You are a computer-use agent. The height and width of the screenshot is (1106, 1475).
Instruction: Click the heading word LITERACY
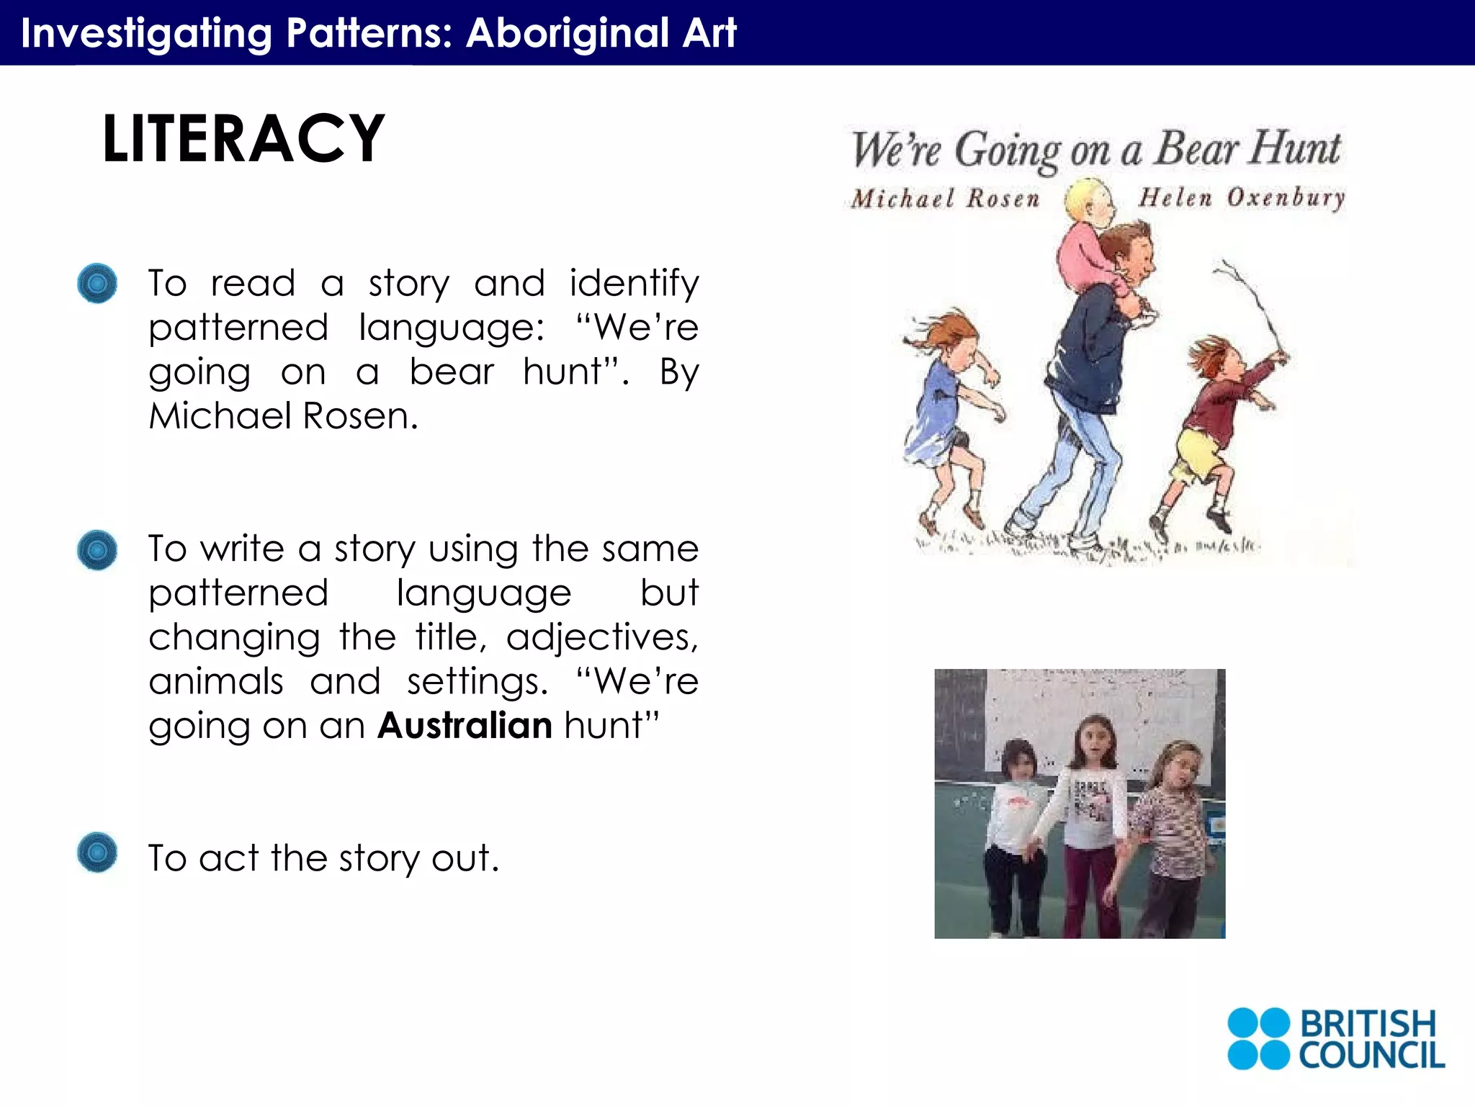(243, 138)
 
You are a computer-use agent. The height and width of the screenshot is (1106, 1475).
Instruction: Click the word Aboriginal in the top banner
(568, 33)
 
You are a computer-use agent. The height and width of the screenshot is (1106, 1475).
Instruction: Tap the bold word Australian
(465, 725)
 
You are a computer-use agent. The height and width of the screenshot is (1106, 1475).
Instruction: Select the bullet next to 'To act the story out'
(97, 853)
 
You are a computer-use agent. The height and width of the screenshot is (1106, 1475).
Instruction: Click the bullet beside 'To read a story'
(97, 283)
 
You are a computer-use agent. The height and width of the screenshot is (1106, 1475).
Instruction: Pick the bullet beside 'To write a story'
(97, 550)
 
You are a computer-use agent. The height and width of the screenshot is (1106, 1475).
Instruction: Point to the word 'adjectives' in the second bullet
(601, 638)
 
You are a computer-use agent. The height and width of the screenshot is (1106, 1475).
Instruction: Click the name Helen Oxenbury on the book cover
(1241, 197)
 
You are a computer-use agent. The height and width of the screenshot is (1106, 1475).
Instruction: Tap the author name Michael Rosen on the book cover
(945, 198)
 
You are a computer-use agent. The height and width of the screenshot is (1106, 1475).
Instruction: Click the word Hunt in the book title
(1294, 149)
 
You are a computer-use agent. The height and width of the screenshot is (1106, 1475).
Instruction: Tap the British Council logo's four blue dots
(1257, 1038)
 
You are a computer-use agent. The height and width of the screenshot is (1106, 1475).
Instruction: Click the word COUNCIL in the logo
(1371, 1056)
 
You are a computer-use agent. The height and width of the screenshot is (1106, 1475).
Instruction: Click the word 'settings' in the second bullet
(476, 682)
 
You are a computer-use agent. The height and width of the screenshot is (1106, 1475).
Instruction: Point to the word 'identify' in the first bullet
(634, 284)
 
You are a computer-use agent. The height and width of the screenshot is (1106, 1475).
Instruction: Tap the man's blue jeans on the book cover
(1073, 468)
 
